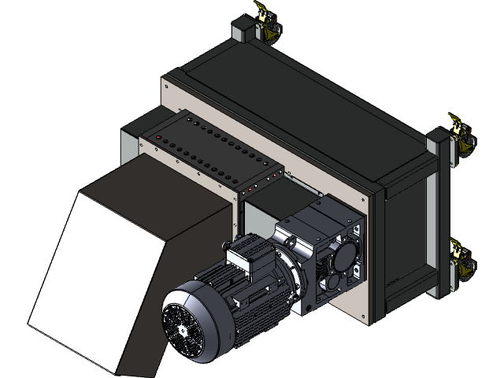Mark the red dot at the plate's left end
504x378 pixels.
(x=159, y=138)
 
